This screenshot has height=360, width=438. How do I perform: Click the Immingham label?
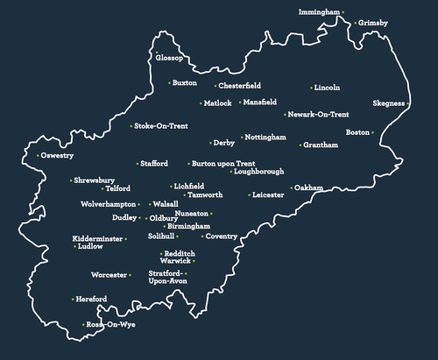318,13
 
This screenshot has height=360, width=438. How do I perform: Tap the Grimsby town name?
372,22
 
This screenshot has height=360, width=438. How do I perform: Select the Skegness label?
388,103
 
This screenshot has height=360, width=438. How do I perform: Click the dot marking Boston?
372,132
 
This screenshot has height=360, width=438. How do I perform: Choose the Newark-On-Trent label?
320,115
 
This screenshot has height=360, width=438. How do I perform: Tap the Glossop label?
169,58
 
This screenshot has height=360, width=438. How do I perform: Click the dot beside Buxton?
169,83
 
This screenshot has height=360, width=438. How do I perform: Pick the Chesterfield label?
240,86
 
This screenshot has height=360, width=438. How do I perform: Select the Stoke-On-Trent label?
161,126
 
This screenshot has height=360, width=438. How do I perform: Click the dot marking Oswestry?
36,156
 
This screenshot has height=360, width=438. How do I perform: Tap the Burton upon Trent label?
224,164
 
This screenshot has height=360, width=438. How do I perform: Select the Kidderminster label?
97,238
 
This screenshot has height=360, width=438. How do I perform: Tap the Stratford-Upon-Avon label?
167,278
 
